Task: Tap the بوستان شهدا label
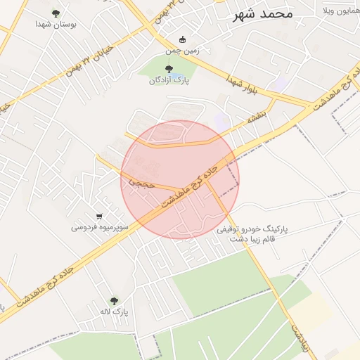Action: click(56, 24)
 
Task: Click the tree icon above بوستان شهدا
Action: click(56, 13)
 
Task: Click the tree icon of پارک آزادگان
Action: click(169, 69)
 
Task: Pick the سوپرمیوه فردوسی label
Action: click(99, 228)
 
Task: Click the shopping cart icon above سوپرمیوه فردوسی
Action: click(99, 217)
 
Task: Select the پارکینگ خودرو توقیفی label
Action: click(259, 230)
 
